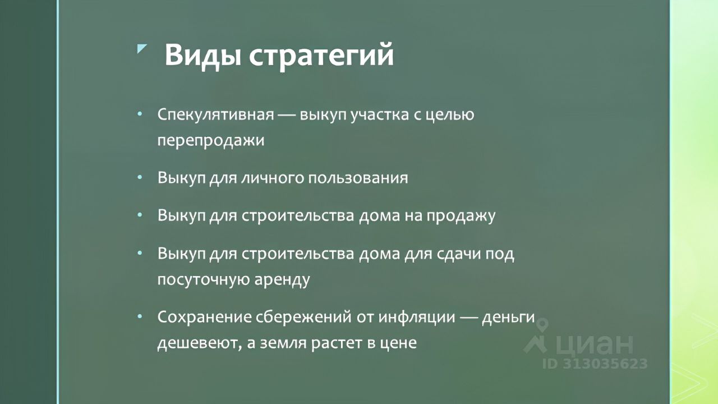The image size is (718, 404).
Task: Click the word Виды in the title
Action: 203,56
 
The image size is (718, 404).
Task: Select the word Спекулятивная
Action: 216,114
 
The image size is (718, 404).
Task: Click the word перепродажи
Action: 211,141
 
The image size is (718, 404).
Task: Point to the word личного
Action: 272,178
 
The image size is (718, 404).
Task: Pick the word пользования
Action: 358,178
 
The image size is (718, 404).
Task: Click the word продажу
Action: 461,216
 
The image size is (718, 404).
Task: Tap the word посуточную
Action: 204,280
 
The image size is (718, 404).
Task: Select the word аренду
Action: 282,280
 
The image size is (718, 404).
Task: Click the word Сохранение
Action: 204,317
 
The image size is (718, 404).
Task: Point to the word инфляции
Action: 417,318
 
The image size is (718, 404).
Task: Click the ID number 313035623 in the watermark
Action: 605,364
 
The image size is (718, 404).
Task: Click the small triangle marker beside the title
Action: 142,49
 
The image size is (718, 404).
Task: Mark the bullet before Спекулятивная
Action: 140,114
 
